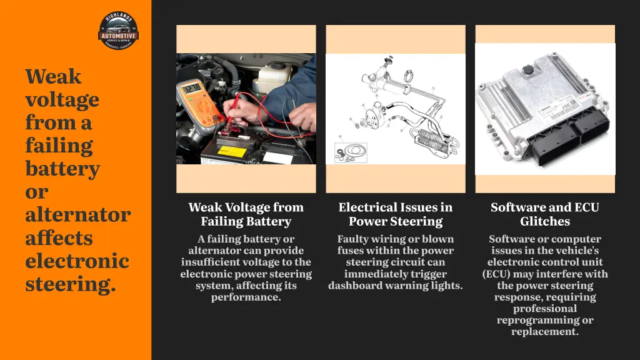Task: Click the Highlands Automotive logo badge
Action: coord(119,31)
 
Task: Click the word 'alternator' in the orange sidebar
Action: coord(77,215)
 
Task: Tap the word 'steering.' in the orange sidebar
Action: coord(71,284)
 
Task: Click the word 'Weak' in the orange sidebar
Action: coord(53,77)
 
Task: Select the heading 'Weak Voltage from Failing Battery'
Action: coord(246,214)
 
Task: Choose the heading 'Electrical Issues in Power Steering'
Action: coord(396,214)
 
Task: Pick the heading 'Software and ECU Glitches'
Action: coord(545,214)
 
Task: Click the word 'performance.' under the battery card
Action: coord(246,297)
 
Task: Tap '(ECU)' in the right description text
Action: coord(497,274)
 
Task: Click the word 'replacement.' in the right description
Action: coord(545,331)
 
